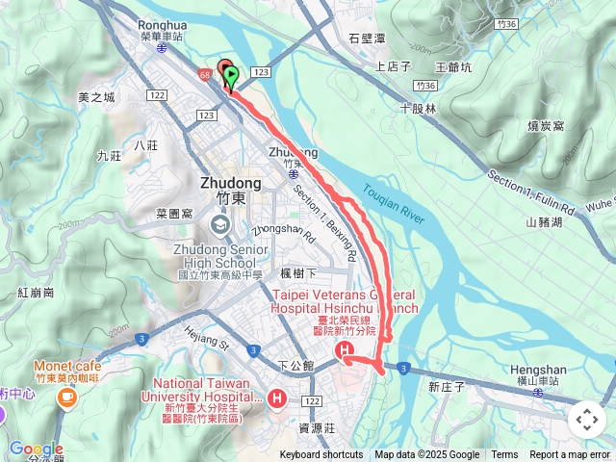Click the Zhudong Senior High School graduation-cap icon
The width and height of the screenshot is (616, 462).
click(220, 225)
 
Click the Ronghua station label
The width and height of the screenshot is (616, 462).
click(162, 27)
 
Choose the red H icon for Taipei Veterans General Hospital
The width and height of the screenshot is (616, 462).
click(345, 353)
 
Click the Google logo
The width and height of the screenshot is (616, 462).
click(36, 449)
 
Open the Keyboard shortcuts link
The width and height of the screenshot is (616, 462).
click(321, 455)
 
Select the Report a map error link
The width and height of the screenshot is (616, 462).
click(570, 455)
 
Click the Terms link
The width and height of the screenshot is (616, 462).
click(504, 455)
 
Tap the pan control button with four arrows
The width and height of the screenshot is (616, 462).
click(587, 420)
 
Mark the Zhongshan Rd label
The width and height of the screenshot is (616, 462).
click(269, 231)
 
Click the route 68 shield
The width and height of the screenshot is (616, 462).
click(205, 73)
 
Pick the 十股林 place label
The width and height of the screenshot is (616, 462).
click(419, 109)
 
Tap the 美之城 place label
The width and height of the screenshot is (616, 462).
click(96, 97)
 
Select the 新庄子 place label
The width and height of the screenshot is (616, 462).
click(447, 386)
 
